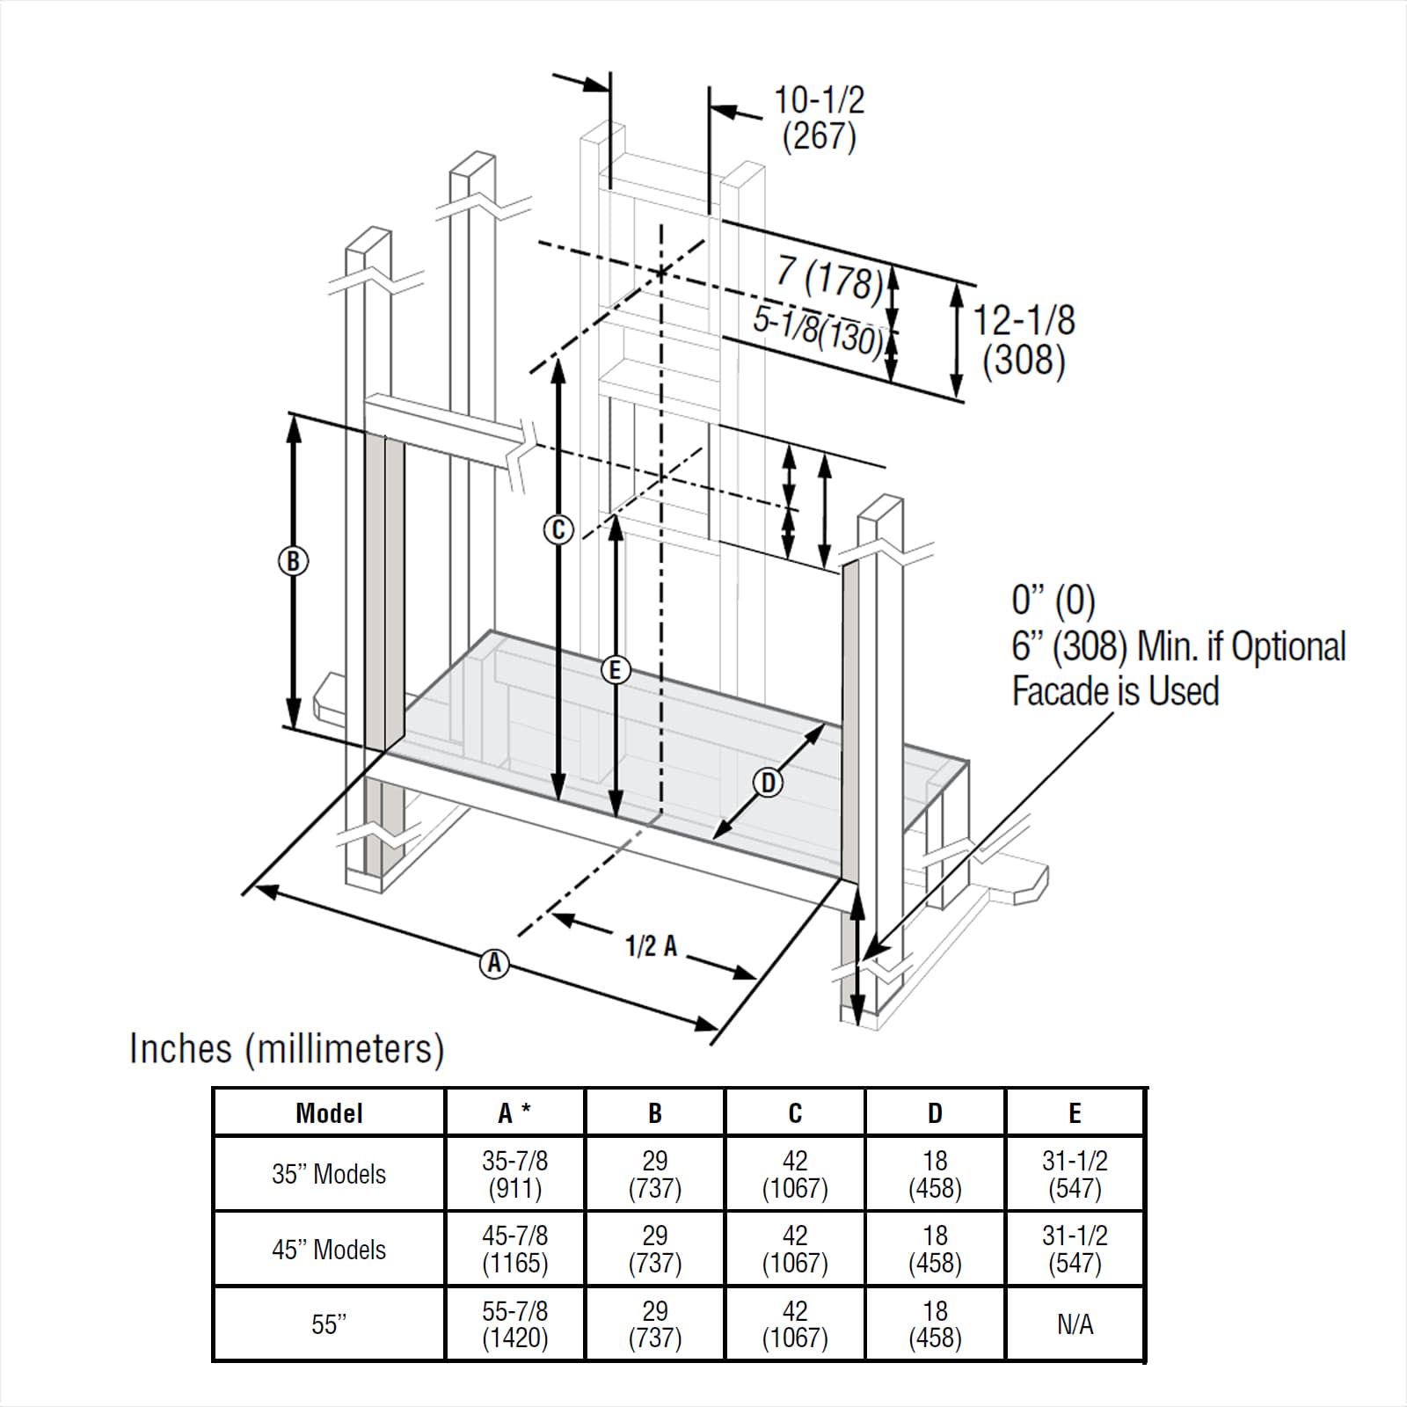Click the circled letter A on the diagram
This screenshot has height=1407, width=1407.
(x=494, y=964)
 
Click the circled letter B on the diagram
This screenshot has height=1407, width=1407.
(x=293, y=561)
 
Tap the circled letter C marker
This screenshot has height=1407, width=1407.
(x=558, y=530)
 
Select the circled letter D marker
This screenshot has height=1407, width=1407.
(x=768, y=783)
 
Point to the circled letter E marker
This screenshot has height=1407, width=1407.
(x=615, y=670)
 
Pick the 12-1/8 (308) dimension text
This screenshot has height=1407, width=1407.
(x=1024, y=341)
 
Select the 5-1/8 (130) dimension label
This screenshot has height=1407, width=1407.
(x=818, y=330)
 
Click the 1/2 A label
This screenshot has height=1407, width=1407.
(x=651, y=946)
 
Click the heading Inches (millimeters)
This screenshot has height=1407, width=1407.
(x=287, y=1048)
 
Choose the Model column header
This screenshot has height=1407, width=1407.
(x=329, y=1113)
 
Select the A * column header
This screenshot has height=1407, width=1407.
(x=514, y=1113)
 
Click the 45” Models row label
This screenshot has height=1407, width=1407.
(x=329, y=1249)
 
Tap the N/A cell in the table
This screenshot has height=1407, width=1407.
(x=1075, y=1324)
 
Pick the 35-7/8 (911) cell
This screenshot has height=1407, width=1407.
(x=514, y=1174)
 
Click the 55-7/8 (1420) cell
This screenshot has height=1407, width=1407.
(x=514, y=1324)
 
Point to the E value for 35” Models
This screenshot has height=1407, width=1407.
(x=1075, y=1174)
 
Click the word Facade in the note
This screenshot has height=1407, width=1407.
(x=1060, y=691)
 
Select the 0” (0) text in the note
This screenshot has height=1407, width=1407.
(x=1053, y=601)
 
